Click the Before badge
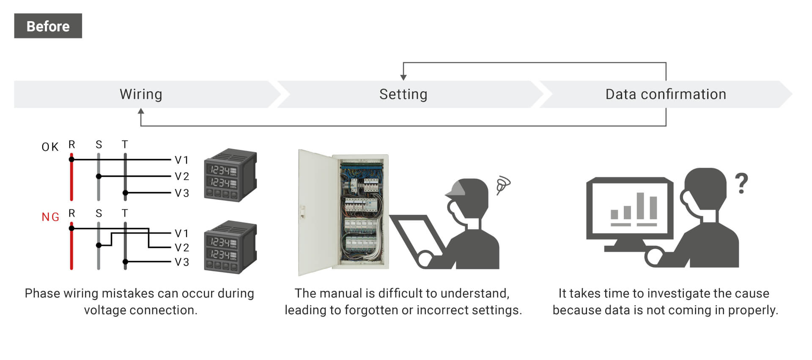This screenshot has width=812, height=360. pos(48,26)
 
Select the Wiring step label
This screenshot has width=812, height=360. pos(141,94)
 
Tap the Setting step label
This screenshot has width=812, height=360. pos(403,94)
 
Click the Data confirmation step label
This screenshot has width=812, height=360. pos(666,94)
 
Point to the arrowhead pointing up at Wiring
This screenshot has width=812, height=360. pos(141,111)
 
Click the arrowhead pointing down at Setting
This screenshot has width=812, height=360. pos(403,77)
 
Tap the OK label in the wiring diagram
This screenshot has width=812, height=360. pos(50,147)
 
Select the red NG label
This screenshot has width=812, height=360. pos(50,217)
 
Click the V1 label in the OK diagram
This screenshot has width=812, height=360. pos(182,160)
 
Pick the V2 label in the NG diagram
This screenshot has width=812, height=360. pos(182,247)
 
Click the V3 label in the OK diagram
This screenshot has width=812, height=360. pos(182,193)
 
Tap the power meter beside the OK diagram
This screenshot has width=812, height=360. pos(230,175)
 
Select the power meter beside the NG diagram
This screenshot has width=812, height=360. pos(230,247)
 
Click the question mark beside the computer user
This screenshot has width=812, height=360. pos(741,183)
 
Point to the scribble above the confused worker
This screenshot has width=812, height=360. pos(503,184)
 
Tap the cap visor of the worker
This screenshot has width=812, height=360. pos(454,192)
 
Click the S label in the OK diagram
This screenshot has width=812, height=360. pos(99,145)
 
